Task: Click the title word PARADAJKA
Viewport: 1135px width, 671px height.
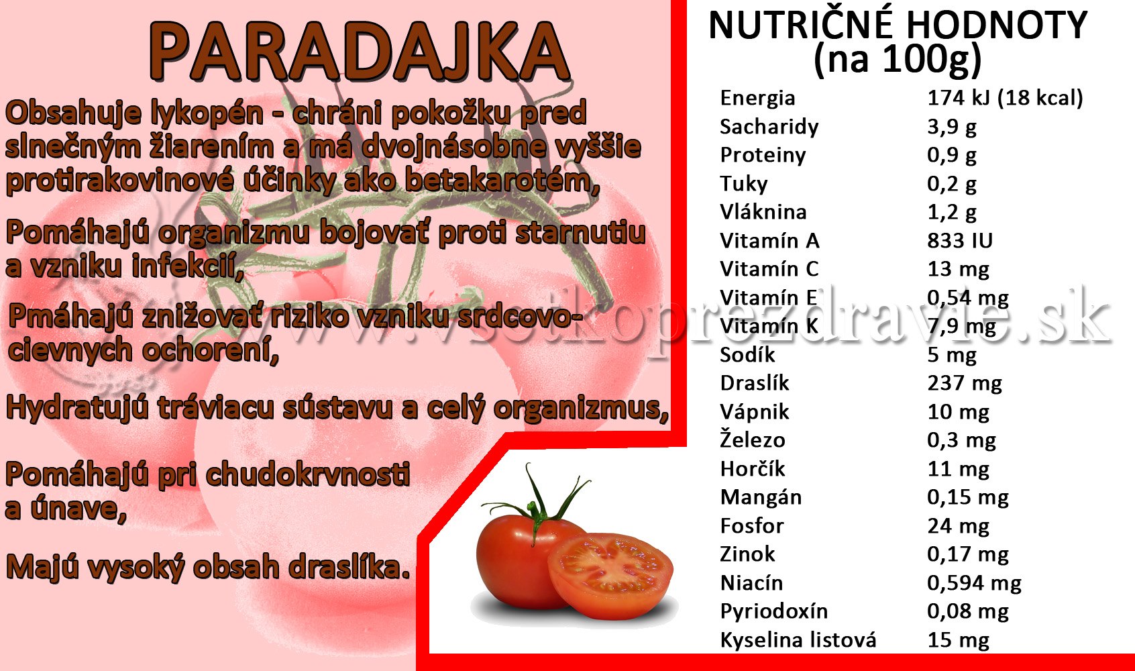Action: [360, 52]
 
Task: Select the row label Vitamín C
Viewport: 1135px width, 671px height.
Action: [769, 268]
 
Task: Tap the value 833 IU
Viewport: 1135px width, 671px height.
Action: [960, 240]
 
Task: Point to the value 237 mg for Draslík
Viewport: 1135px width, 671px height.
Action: [965, 383]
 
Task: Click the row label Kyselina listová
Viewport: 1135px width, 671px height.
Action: [798, 640]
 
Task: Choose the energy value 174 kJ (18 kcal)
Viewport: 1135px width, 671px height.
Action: [1006, 98]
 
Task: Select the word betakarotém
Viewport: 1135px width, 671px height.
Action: [502, 181]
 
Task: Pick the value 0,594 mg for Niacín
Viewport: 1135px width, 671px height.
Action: [975, 583]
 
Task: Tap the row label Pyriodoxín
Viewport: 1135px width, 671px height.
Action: [773, 611]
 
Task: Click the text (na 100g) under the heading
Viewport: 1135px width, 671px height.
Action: [898, 60]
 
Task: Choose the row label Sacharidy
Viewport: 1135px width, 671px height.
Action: [769, 127]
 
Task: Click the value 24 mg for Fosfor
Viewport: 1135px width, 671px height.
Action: [958, 526]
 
